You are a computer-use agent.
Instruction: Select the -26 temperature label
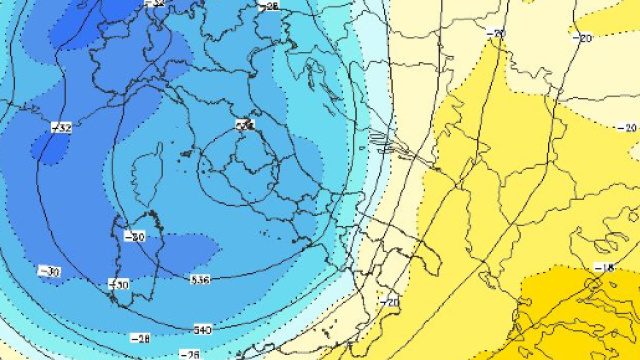(x=188, y=354)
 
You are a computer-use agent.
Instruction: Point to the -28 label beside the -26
(x=142, y=339)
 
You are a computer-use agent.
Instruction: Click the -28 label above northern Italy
(x=269, y=6)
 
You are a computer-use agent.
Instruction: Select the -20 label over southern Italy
(x=390, y=300)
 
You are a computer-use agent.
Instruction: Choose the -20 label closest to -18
(x=628, y=127)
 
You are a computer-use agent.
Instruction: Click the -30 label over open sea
(x=48, y=271)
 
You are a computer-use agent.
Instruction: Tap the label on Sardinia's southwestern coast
(x=120, y=285)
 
